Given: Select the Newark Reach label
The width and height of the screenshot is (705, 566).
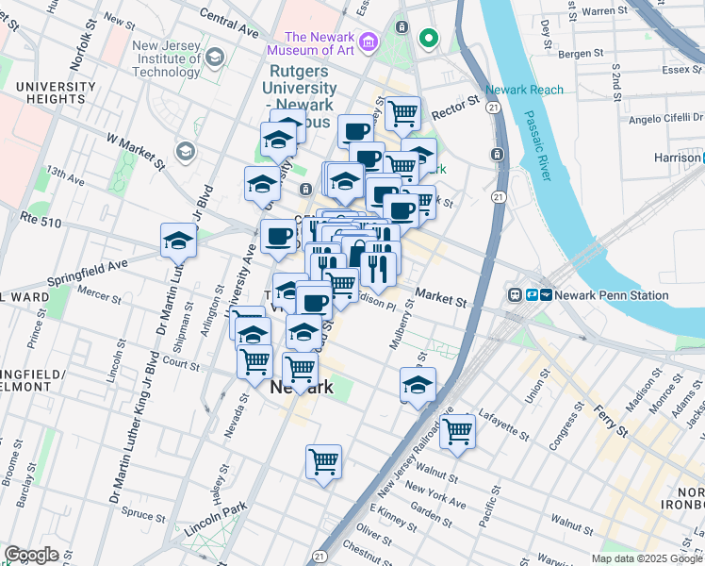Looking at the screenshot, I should (525, 91).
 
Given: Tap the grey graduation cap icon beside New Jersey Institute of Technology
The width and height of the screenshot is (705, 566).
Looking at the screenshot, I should (215, 58).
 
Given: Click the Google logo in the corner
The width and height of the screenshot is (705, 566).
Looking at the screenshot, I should (31, 554).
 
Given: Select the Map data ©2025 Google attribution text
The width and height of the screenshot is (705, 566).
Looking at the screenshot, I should (647, 558).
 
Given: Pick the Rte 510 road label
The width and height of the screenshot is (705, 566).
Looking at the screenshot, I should (41, 219).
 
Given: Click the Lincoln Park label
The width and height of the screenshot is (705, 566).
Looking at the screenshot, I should (215, 518).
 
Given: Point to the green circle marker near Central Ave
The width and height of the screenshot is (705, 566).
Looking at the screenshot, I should (429, 39).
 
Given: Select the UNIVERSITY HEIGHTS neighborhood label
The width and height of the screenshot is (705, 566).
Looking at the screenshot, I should (56, 94).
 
